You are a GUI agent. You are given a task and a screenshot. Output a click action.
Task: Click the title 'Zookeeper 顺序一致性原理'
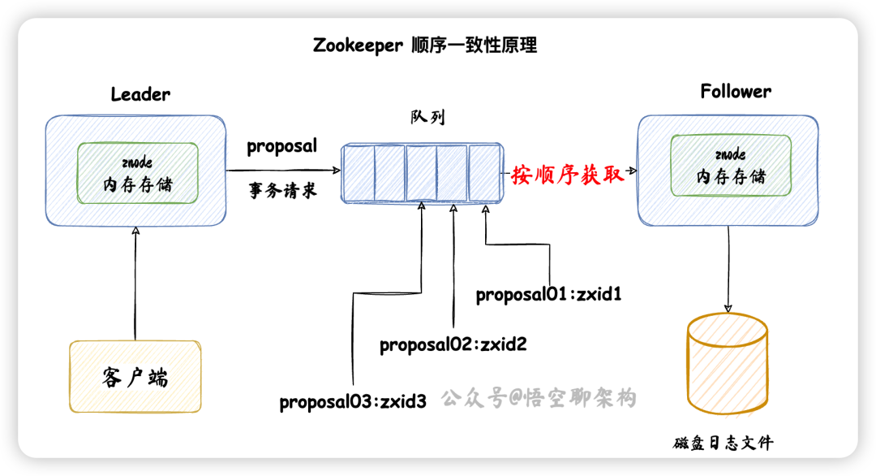tap(425, 45)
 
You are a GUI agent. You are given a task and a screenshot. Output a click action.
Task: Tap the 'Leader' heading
tap(140, 94)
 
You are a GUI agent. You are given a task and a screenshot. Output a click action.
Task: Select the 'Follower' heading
tap(736, 92)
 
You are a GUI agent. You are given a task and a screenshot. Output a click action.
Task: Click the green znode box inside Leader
tap(138, 173)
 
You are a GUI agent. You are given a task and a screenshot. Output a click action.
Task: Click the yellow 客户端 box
tap(135, 376)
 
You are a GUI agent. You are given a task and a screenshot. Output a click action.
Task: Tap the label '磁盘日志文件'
tap(723, 444)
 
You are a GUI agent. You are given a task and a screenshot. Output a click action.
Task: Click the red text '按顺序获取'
tap(568, 175)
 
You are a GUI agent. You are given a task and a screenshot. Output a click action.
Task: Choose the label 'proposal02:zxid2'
tap(453, 344)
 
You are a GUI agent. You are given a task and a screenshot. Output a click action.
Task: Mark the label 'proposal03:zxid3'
tap(353, 402)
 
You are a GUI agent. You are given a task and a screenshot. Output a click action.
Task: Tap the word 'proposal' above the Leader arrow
tap(281, 146)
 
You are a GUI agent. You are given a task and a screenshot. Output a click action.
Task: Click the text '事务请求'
tap(281, 193)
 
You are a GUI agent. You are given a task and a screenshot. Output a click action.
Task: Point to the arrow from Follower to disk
tap(728, 268)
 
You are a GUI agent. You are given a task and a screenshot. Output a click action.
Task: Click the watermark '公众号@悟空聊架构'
tap(539, 398)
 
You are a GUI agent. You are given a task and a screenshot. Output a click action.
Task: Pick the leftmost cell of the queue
tap(359, 171)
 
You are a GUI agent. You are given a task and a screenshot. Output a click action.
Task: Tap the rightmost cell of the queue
tap(483, 171)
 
